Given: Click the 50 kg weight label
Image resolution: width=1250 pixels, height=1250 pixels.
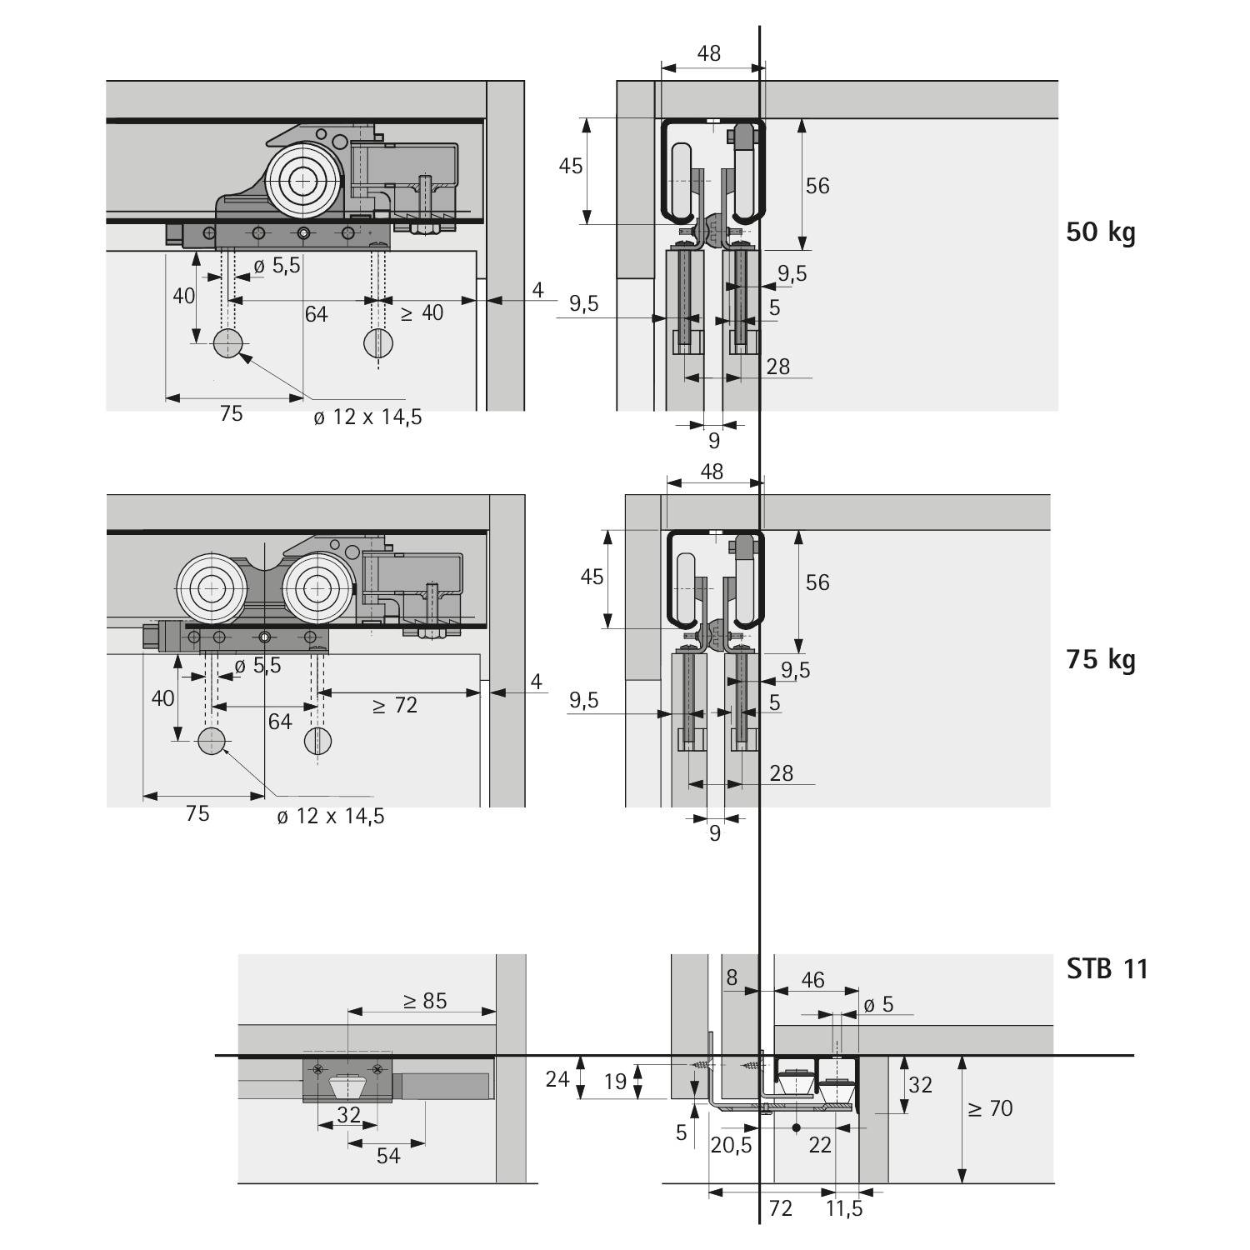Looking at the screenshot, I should pyautogui.click(x=1101, y=232).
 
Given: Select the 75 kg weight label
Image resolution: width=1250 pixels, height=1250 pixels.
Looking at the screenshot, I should pyautogui.click(x=1101, y=659).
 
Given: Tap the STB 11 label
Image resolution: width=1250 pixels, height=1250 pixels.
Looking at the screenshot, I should pyautogui.click(x=1107, y=968).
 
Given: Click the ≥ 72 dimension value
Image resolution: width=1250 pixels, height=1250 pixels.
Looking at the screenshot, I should pyautogui.click(x=394, y=705).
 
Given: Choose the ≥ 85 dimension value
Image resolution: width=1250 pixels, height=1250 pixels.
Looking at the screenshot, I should pyautogui.click(x=425, y=1000).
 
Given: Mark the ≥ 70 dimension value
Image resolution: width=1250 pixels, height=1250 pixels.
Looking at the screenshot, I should pyautogui.click(x=990, y=1108).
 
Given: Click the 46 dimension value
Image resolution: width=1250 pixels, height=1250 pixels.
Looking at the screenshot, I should pyautogui.click(x=812, y=979).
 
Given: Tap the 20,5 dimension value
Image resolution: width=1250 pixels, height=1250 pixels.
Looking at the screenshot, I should pyautogui.click(x=731, y=1145).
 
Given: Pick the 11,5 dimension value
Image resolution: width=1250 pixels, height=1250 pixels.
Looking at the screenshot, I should pyautogui.click(x=844, y=1207).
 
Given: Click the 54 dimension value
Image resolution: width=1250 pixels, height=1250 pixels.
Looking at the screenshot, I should pyautogui.click(x=388, y=1155).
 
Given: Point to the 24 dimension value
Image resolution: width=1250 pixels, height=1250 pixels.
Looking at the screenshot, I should pyautogui.click(x=557, y=1078).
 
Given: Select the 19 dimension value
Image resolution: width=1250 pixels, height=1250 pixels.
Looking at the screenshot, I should pyautogui.click(x=615, y=1081).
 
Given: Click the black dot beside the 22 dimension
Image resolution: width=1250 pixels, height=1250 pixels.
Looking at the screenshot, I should pyautogui.click(x=797, y=1128).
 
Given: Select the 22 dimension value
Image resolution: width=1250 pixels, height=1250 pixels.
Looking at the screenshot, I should pyautogui.click(x=820, y=1145).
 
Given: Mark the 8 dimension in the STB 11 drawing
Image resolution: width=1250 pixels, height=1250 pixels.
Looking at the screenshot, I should pyautogui.click(x=732, y=977).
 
